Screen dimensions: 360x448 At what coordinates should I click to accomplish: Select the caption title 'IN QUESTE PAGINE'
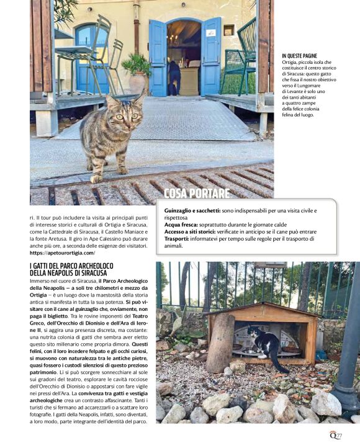(x=300, y=56)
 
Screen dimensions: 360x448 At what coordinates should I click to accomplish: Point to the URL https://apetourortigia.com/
(x=62, y=253)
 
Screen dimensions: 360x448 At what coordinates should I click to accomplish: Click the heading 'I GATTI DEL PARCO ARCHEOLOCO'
(x=73, y=266)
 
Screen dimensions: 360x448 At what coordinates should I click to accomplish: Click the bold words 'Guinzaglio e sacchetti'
(x=192, y=212)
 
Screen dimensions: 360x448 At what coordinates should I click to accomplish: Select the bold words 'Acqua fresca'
(x=182, y=225)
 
